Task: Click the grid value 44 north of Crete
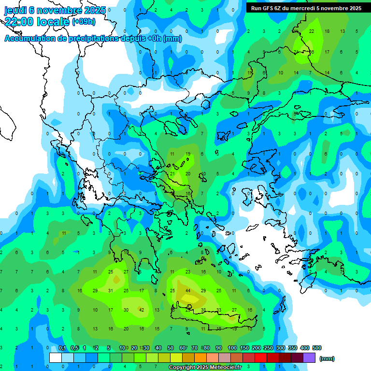[187, 291]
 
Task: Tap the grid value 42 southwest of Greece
[142, 310]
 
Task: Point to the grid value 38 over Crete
[203, 310]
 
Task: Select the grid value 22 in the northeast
[312, 31]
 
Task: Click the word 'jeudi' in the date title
[16, 10]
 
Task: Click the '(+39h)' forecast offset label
[84, 22]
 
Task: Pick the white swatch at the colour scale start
[56, 358]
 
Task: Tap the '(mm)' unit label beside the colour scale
[327, 358]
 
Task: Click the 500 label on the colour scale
[316, 348]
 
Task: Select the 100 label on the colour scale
[232, 348]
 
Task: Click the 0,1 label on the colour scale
[62, 348]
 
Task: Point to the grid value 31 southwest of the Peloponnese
[110, 291]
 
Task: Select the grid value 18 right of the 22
[327, 31]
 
